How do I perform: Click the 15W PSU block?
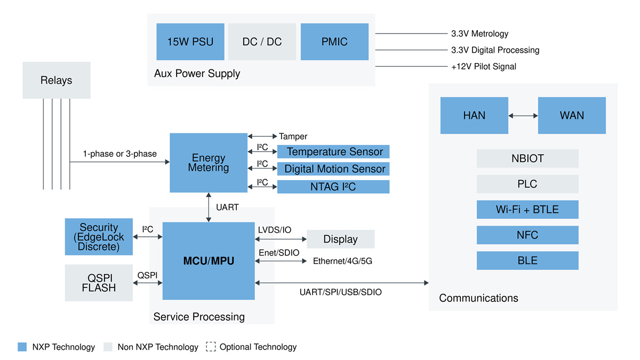(190, 42)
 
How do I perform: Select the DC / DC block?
(262, 42)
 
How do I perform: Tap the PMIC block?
(334, 42)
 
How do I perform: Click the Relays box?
(56, 80)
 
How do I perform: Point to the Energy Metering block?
(209, 163)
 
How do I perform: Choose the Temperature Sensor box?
(333, 152)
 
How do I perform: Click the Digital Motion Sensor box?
(333, 169)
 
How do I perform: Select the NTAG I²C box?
(333, 187)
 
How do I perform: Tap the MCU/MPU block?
(209, 261)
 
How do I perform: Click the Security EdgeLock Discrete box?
(99, 236)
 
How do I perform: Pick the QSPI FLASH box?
(99, 283)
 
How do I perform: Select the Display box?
(340, 239)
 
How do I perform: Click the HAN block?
(474, 115)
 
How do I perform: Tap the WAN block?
(572, 115)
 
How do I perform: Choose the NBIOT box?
(527, 158)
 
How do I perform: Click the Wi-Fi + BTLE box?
(527, 210)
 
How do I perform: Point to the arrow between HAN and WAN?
(523, 115)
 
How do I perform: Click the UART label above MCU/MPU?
(227, 207)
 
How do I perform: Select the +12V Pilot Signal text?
(483, 67)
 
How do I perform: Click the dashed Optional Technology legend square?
(211, 347)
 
